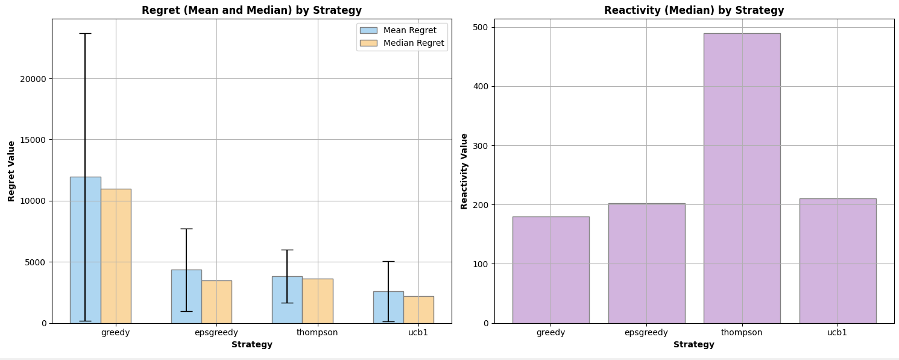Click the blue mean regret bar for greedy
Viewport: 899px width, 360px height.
coord(86,250)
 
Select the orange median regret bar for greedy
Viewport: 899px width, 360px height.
coord(116,256)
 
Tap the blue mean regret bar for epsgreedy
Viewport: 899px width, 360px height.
coord(187,297)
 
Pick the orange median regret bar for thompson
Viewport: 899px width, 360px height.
coord(318,301)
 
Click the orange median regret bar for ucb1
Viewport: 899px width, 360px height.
coord(418,310)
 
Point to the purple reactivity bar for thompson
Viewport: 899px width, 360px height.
coord(742,178)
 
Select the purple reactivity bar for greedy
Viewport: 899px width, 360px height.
coord(551,270)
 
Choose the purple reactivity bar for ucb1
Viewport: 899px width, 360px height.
coord(838,261)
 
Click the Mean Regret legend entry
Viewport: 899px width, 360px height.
coord(398,31)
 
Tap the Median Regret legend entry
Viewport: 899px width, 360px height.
coord(402,43)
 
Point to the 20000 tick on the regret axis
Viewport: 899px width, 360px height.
coord(33,79)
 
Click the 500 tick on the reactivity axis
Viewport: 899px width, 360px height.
coord(479,27)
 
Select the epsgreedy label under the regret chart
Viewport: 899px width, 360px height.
coord(216,333)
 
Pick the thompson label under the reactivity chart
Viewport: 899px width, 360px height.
coord(742,333)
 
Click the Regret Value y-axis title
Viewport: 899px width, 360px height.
coord(11,171)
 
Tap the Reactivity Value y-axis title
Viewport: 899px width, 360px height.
coord(464,171)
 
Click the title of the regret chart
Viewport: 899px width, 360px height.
coord(251,10)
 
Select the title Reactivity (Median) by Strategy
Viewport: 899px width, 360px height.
coord(694,10)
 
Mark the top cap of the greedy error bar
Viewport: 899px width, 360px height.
coord(85,33)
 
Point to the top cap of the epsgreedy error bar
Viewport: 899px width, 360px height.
coord(187,229)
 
